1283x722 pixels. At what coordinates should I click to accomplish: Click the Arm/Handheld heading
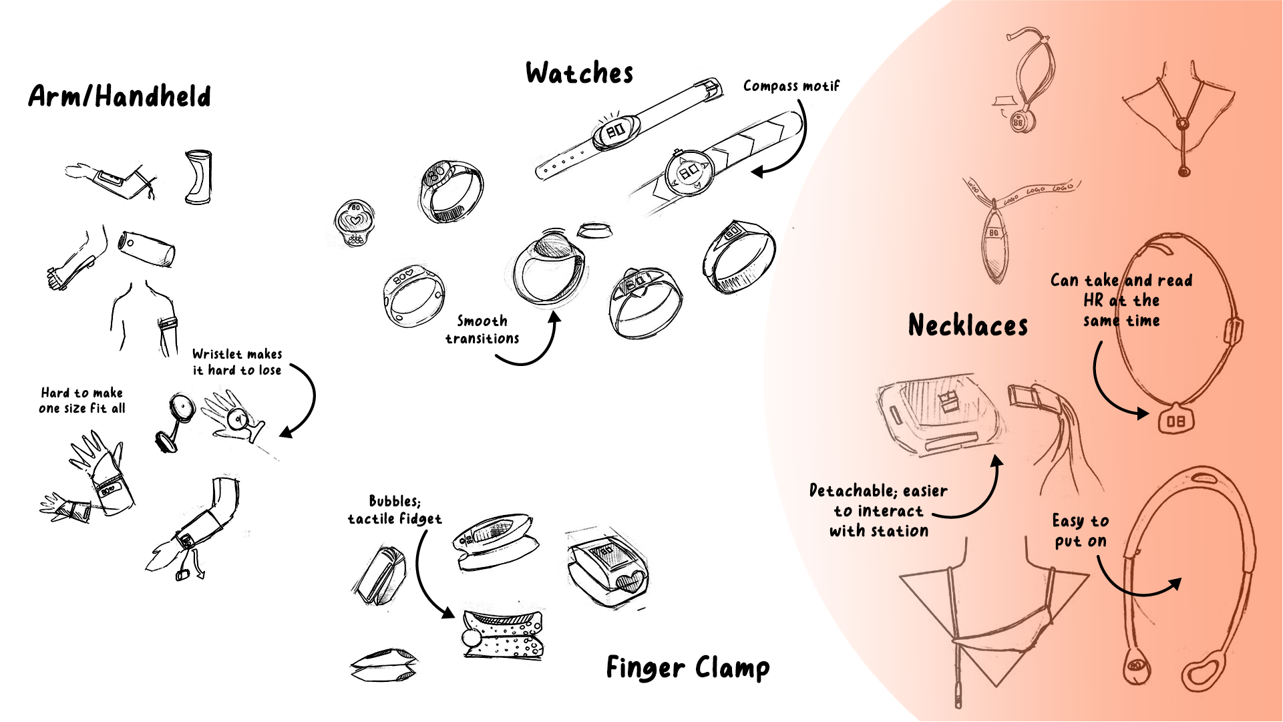click(x=120, y=97)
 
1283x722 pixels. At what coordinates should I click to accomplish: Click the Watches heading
click(x=579, y=73)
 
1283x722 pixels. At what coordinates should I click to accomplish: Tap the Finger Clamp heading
click(x=687, y=667)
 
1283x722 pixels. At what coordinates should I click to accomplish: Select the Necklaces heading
click(x=968, y=325)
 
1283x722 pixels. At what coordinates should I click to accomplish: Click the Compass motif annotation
click(x=791, y=86)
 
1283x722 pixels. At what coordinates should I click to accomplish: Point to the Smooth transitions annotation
click(x=482, y=329)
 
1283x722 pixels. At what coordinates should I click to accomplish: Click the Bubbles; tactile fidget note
click(x=395, y=510)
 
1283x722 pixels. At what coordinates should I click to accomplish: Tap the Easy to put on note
click(x=1080, y=530)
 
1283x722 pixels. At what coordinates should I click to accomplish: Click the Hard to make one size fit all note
click(x=81, y=400)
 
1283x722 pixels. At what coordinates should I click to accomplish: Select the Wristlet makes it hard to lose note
click(x=237, y=361)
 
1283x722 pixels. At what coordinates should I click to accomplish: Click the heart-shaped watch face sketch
click(x=355, y=222)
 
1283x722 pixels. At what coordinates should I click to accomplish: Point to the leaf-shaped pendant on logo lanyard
click(x=994, y=244)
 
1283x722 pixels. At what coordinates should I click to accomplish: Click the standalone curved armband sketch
click(x=198, y=177)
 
